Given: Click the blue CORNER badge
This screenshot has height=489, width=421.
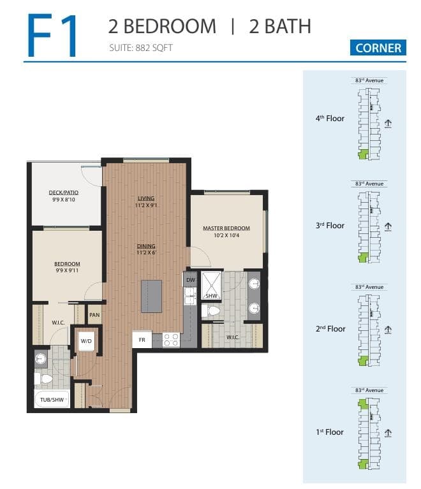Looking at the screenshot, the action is (378, 48).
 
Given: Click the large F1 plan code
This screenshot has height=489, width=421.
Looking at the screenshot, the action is (52, 35).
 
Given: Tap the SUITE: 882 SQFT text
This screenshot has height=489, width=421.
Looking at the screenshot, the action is (141, 48).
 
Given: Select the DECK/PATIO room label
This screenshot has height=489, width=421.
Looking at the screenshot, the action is (64, 193).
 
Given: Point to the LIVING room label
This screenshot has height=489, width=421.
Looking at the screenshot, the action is (146, 198).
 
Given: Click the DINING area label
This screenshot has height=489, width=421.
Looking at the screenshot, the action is (146, 245).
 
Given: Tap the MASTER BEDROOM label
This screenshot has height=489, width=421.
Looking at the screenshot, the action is (226, 228).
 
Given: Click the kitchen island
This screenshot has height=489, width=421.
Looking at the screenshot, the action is (151, 296).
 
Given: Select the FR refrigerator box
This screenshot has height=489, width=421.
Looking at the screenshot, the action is (142, 339).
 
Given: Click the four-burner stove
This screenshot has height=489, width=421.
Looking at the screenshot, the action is (171, 340).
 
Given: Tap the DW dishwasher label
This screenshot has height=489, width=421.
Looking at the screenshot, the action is (190, 280).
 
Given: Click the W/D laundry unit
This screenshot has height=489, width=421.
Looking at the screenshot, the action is (86, 341).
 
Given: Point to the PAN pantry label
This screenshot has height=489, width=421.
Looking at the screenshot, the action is (94, 315).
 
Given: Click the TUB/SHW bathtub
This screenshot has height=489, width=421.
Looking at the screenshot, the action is (52, 399).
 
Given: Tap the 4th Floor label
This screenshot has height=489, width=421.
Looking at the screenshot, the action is (330, 118).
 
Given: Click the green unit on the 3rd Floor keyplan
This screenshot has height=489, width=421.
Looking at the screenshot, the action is (363, 258).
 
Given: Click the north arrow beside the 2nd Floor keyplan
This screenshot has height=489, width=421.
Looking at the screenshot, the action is (388, 330).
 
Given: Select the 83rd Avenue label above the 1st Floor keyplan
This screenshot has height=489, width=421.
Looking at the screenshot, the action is (369, 390).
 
